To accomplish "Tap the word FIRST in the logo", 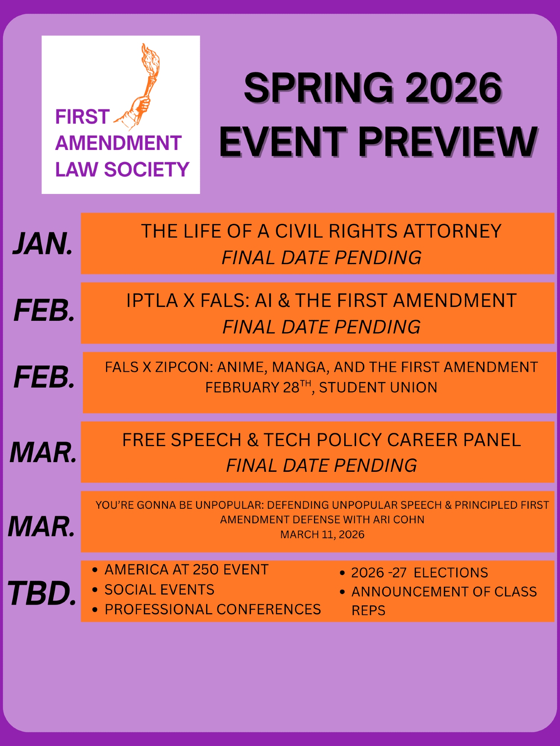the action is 83,117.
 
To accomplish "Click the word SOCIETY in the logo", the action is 147,169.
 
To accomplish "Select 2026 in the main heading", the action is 454,88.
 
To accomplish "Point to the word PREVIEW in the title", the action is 448,142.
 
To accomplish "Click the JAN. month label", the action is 43,244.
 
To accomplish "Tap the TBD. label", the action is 42,593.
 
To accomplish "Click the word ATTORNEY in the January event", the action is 452,231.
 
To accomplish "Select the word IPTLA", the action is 152,301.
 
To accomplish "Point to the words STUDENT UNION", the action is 378,388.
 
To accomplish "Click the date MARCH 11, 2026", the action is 322,535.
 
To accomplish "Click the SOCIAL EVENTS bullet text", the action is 159,590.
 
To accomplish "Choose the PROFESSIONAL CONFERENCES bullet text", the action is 213,609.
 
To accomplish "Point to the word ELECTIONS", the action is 451,573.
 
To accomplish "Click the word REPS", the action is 368,611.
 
